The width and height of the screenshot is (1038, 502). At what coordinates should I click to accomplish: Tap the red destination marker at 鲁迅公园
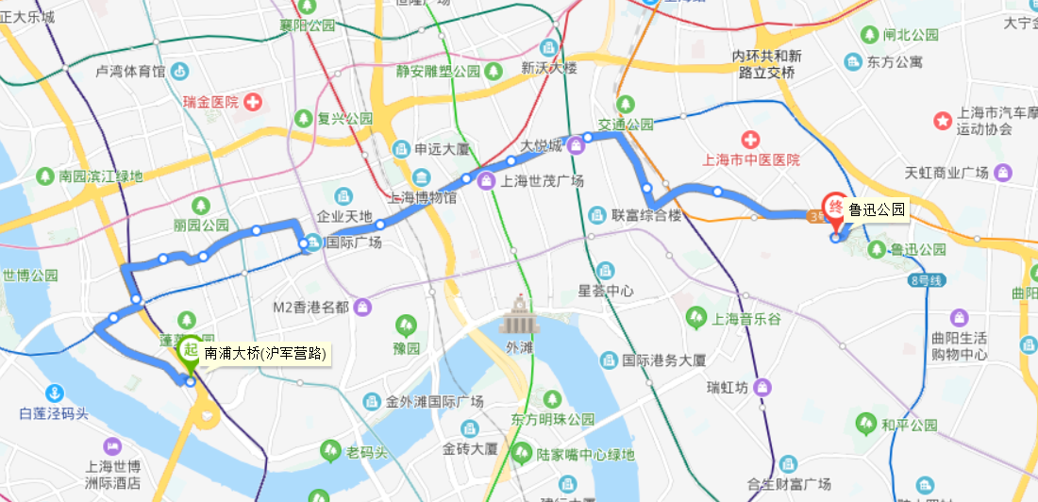click(x=834, y=207)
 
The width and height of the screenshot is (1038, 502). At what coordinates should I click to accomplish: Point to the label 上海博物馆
click(x=423, y=197)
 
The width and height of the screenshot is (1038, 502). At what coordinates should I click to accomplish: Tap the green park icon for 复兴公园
click(x=304, y=119)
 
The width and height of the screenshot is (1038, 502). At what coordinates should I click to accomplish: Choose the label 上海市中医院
click(x=751, y=159)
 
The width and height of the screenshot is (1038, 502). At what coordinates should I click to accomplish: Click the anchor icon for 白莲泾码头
click(x=55, y=393)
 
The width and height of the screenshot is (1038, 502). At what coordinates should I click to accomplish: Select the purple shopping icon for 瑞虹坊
click(x=762, y=387)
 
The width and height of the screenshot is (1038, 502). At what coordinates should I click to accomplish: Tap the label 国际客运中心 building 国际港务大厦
click(x=664, y=360)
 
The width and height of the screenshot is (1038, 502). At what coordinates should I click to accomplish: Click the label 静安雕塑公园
click(x=439, y=71)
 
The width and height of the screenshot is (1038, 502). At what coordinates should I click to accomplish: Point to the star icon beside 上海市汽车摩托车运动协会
click(x=942, y=120)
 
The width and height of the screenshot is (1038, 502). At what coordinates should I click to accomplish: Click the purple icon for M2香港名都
click(x=363, y=307)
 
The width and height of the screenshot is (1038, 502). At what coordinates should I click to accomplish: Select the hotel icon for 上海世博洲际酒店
click(x=112, y=446)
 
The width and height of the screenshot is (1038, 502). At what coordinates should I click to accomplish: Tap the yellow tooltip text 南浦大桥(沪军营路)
click(x=265, y=355)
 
